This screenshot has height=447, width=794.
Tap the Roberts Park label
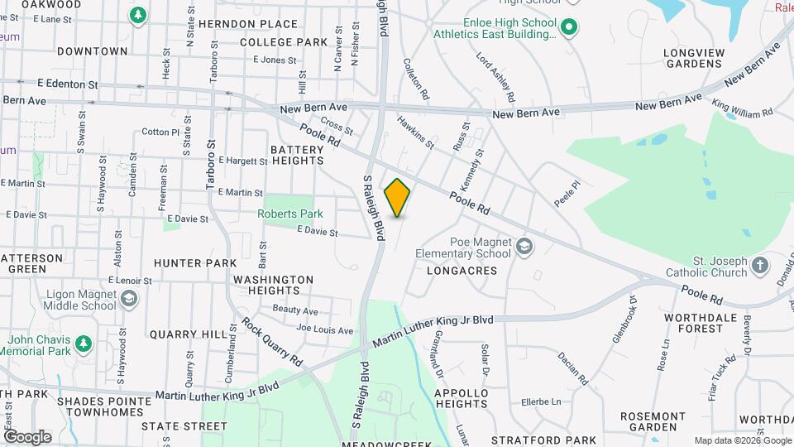(289, 214)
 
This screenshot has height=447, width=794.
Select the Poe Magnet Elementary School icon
(524, 247)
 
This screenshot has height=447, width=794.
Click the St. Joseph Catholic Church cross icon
(760, 266)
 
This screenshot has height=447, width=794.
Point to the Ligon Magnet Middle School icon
(128, 299)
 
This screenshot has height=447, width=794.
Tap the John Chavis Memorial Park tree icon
(82, 343)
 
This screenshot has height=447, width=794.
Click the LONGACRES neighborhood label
(462, 271)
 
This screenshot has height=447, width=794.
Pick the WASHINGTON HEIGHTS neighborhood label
(273, 285)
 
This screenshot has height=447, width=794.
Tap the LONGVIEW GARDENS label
(693, 58)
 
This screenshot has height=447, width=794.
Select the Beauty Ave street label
(295, 310)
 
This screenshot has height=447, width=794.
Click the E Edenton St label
(68, 84)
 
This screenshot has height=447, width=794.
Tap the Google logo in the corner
(26, 436)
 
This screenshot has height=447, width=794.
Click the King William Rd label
(742, 108)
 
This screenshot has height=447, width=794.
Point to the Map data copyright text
(742, 440)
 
